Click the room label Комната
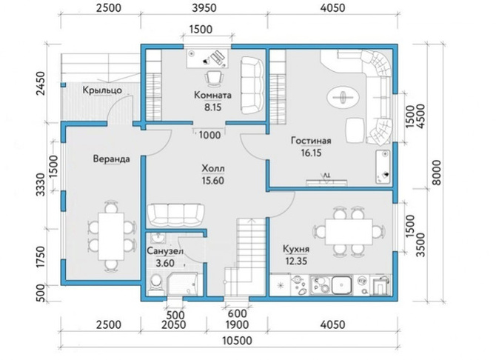[212, 95]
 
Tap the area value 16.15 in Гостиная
[311, 153]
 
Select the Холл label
[212, 168]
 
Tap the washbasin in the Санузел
[157, 237]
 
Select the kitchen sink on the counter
[341, 284]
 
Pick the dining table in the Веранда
[111, 236]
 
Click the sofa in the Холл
[176, 215]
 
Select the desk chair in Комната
[214, 78]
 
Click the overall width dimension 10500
[237, 341]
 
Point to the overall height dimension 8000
[436, 173]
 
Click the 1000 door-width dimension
[210, 136]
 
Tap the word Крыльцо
[102, 90]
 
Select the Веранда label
[111, 159]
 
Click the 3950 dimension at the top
[204, 7]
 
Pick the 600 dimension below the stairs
[237, 313]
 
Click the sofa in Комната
[252, 85]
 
